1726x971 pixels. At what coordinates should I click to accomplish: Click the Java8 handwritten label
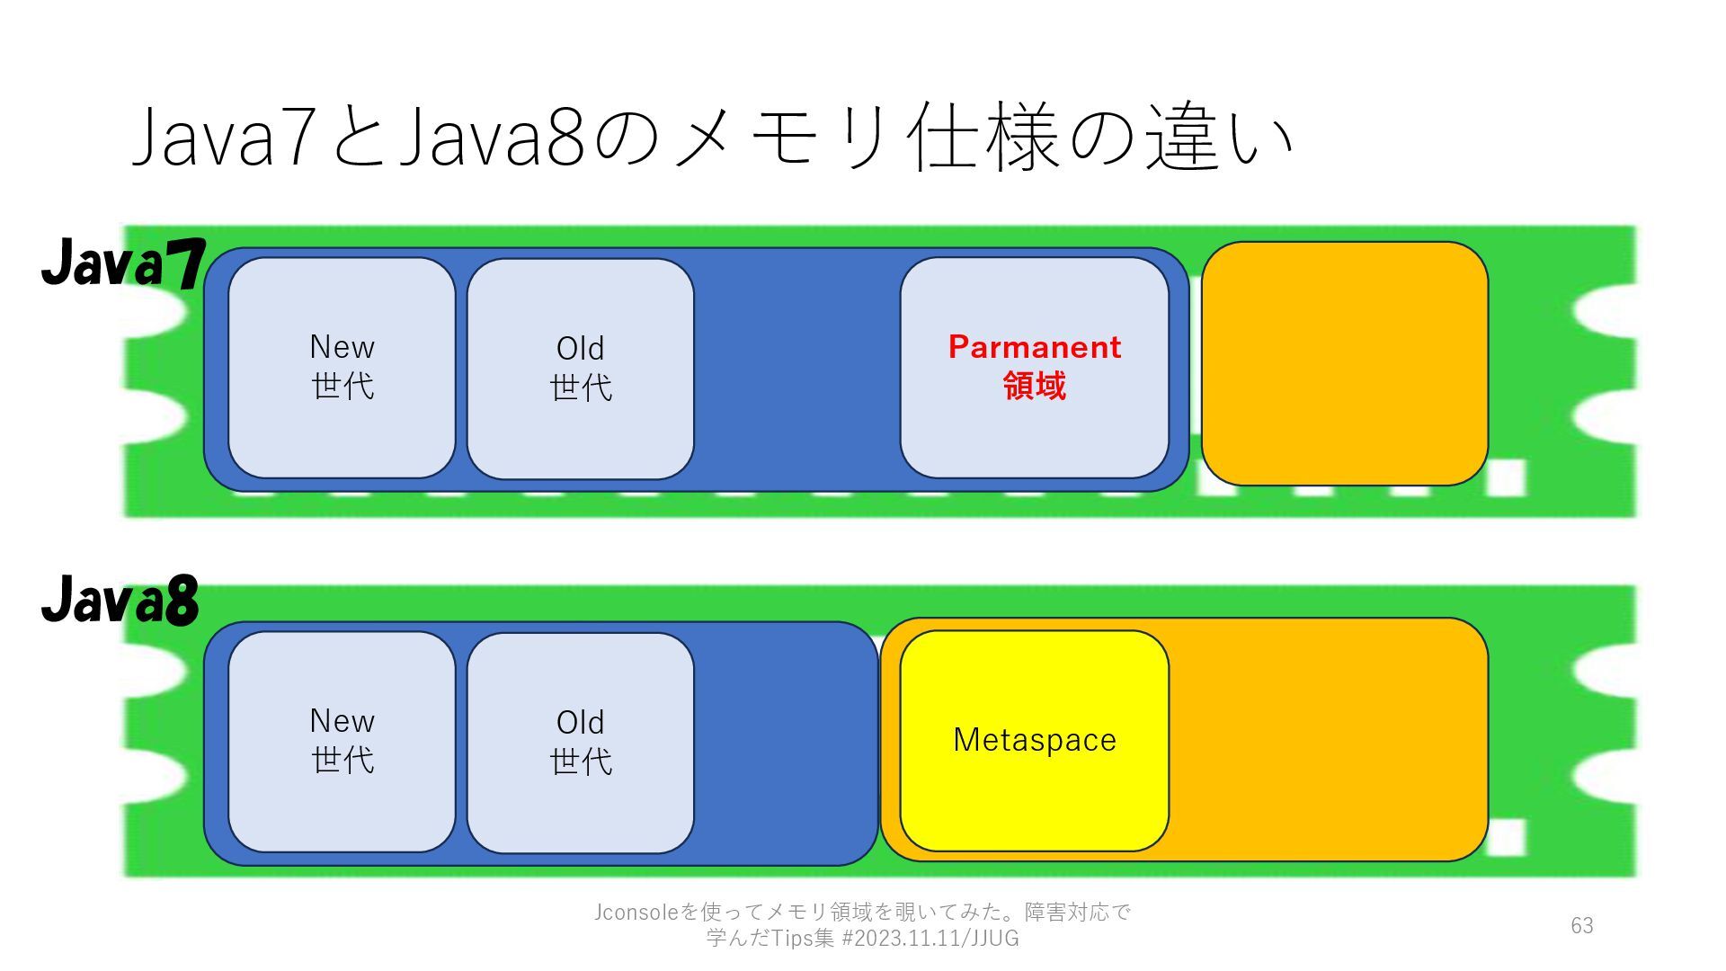point(120,600)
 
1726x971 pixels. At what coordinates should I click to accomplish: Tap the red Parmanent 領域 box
point(1034,432)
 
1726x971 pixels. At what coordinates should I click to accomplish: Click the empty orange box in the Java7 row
point(1344,363)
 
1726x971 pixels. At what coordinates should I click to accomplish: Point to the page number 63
point(1581,925)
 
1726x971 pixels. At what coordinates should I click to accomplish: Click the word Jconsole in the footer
point(636,913)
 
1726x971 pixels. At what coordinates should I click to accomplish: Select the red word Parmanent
point(1034,347)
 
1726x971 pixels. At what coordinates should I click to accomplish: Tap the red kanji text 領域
point(1034,386)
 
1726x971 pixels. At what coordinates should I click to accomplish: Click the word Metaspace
point(1034,740)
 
